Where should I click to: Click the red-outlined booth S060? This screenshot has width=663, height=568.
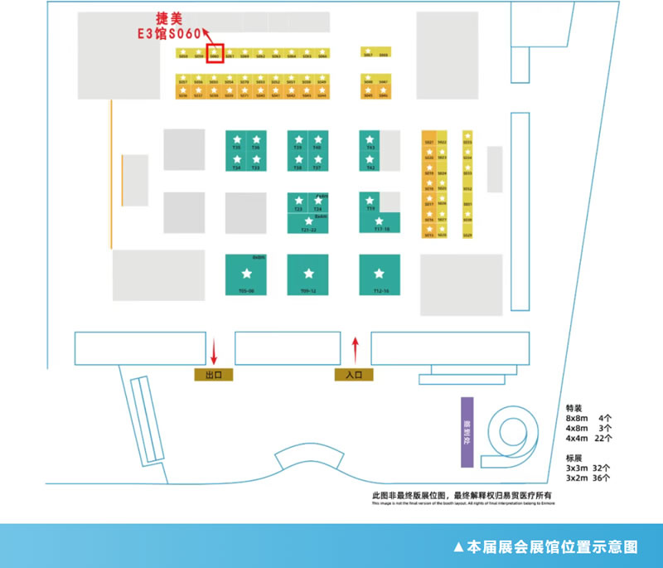pyautogui.click(x=215, y=53)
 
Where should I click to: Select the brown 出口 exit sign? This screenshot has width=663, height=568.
pyautogui.click(x=213, y=375)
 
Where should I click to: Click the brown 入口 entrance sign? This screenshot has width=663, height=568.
pyautogui.click(x=354, y=375)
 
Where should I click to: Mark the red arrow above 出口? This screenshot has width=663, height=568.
pyautogui.click(x=214, y=352)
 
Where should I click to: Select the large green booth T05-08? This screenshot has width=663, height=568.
pyautogui.click(x=246, y=274)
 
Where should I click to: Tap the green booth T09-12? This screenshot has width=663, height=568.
pyautogui.click(x=308, y=274)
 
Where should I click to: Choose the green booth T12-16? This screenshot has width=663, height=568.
pyautogui.click(x=380, y=274)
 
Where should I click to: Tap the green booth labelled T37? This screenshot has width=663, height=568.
pyautogui.click(x=317, y=162)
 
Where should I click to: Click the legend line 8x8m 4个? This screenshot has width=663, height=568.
pyautogui.click(x=588, y=418)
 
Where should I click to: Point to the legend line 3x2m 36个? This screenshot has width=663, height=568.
pyautogui.click(x=588, y=478)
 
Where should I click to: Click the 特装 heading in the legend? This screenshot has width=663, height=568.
pyautogui.click(x=573, y=408)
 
